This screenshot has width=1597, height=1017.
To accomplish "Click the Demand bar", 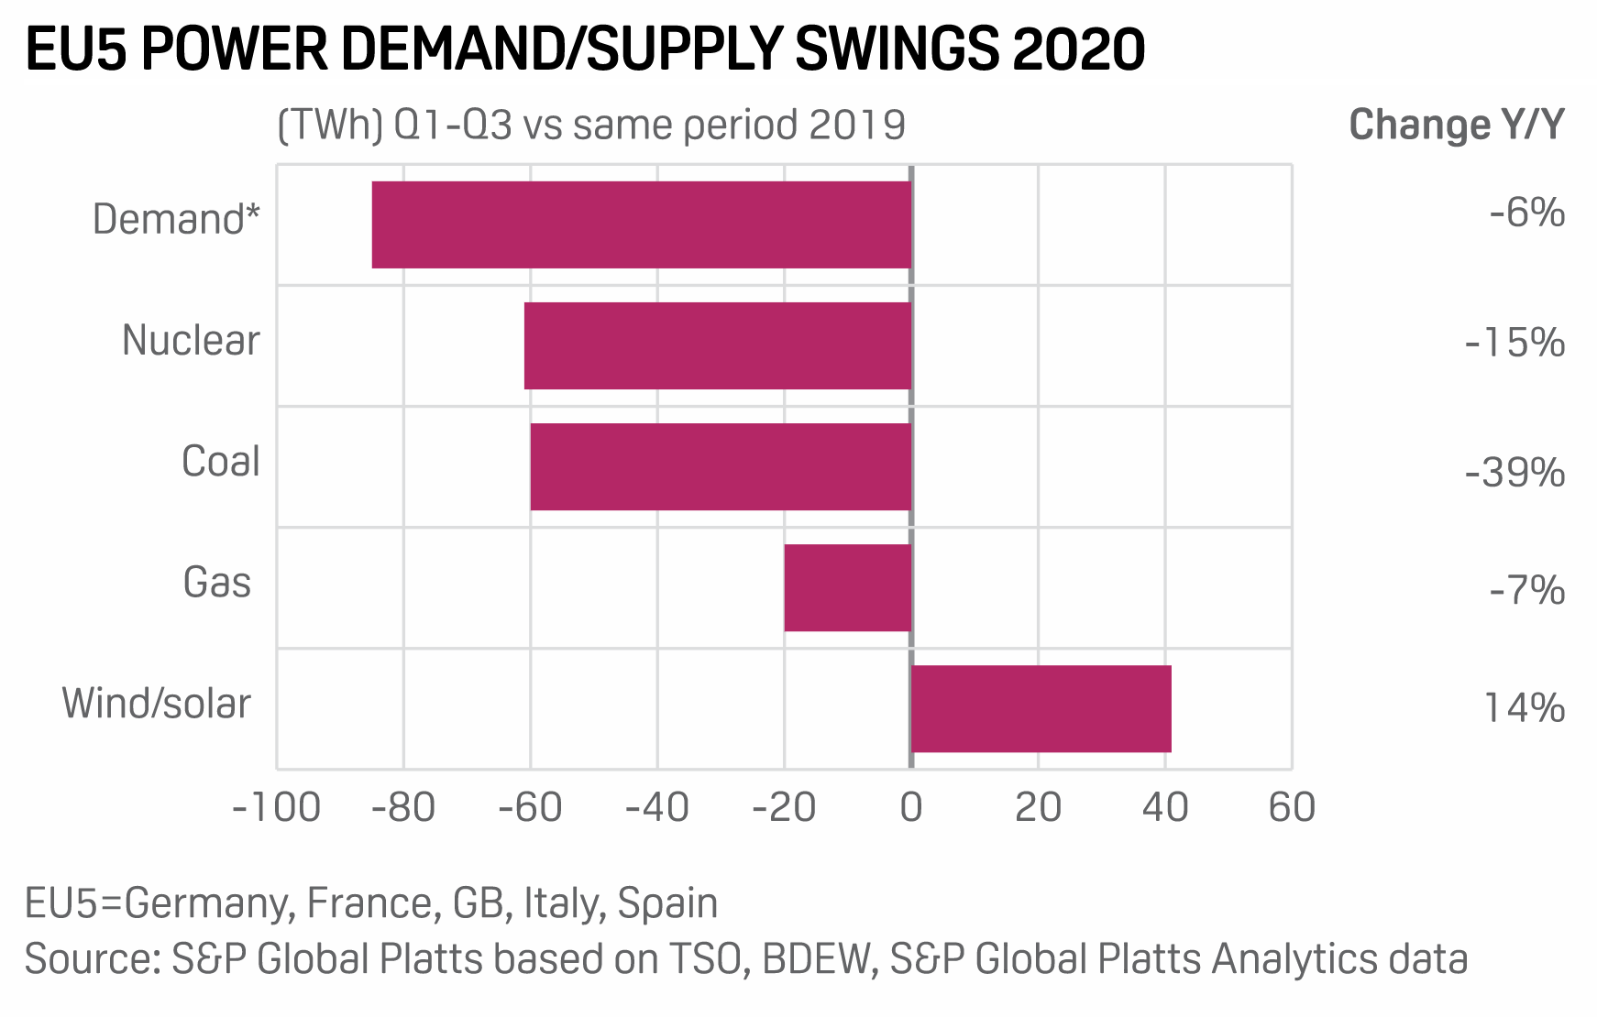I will (642, 224).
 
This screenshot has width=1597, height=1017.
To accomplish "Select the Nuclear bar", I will (718, 345).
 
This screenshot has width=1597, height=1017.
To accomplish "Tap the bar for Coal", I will (721, 466).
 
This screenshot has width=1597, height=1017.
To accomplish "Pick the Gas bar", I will (847, 587).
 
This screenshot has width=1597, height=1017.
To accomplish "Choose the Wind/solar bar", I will (1041, 708).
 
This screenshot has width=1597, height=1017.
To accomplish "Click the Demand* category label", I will (176, 220).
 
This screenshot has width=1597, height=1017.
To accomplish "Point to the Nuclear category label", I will (191, 341).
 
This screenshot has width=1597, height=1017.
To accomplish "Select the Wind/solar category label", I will (156, 704).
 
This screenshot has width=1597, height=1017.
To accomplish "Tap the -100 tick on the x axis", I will (276, 808).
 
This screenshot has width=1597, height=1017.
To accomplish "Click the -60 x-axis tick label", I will (530, 808).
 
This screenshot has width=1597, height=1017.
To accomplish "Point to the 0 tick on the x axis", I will (910, 808).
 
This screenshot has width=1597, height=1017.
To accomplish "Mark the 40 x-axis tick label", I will (1164, 808).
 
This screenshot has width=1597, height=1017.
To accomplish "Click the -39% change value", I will (1514, 474).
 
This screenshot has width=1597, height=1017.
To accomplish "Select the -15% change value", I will (1514, 344).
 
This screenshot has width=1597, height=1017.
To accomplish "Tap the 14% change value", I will (1524, 708).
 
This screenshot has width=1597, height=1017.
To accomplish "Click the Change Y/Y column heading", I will (1456, 125).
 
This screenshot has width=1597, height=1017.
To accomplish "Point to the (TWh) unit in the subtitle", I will (329, 126).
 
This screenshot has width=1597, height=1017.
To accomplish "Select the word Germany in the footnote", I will (209, 903).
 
